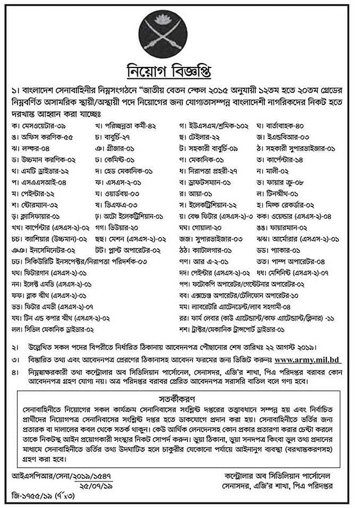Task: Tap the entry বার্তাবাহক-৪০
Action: tap(296, 124)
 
